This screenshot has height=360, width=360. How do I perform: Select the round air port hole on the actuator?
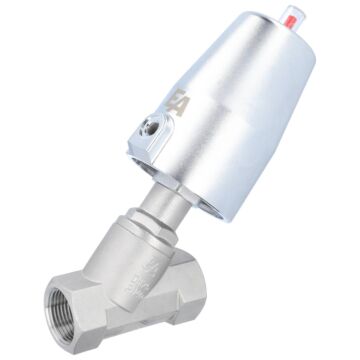150,127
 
